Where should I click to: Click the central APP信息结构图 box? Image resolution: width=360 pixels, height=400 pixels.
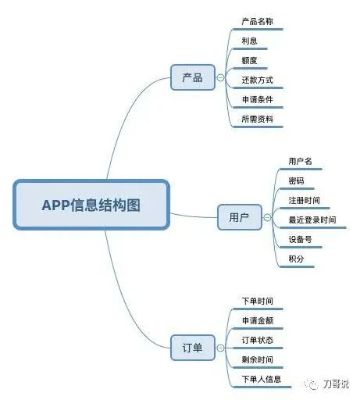[x=91, y=205]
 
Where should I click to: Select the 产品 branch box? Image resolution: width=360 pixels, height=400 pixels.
[x=193, y=77]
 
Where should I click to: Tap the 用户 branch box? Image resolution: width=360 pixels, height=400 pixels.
[x=240, y=217]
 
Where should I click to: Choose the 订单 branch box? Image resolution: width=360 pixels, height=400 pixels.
[x=193, y=348]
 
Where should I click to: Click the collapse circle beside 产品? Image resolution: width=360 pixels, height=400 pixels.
[x=220, y=77]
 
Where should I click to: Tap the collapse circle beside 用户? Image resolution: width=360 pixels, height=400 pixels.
[x=267, y=217]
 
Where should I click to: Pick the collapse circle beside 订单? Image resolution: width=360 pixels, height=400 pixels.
[x=220, y=348]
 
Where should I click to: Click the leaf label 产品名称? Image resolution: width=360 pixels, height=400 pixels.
[x=258, y=21]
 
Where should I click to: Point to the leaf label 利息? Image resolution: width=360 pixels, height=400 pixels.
[x=249, y=41]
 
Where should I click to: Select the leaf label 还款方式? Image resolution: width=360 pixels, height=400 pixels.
[x=258, y=80]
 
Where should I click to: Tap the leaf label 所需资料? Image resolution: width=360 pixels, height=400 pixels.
[x=258, y=119]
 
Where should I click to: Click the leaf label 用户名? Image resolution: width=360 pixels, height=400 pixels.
[x=300, y=161]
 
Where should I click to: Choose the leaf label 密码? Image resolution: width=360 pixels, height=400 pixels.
[x=296, y=180]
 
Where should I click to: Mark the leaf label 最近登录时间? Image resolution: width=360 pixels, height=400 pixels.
[x=312, y=220]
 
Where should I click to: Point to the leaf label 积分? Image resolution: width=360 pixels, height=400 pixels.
[x=296, y=259]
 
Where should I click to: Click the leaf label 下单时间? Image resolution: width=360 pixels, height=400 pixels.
[x=258, y=301]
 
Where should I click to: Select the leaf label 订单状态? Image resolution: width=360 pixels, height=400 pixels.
[x=258, y=340]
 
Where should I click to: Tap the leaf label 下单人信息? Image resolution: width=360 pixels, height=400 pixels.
[x=262, y=379]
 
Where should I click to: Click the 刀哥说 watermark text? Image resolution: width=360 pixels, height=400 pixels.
[x=336, y=384]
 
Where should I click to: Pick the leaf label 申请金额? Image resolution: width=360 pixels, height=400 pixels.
[x=258, y=320]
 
